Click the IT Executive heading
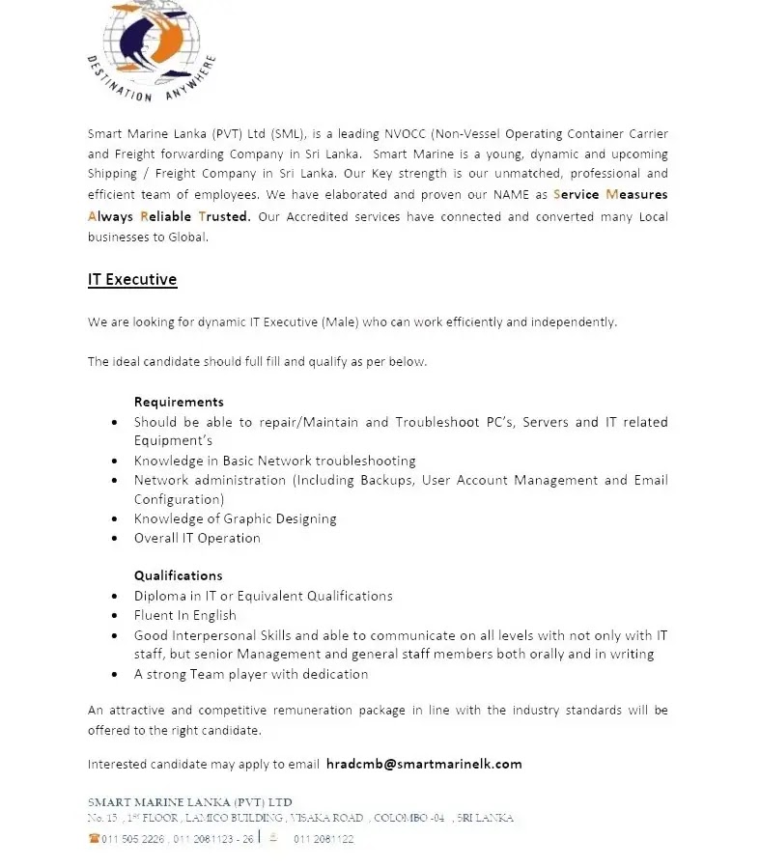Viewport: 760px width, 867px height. tap(132, 280)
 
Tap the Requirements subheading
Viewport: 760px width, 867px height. tap(179, 402)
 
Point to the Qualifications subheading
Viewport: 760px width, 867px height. tap(178, 575)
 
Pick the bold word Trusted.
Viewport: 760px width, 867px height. tap(225, 216)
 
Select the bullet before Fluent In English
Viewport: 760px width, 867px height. tap(115, 616)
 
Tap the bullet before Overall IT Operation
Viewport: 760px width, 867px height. tap(115, 539)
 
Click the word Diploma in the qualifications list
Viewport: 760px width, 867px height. tap(160, 596)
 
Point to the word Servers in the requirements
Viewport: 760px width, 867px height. tap(546, 422)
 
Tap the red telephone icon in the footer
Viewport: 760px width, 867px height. tap(94, 839)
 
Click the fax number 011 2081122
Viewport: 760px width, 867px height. tap(324, 839)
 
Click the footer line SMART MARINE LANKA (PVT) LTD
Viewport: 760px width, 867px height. tap(189, 802)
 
